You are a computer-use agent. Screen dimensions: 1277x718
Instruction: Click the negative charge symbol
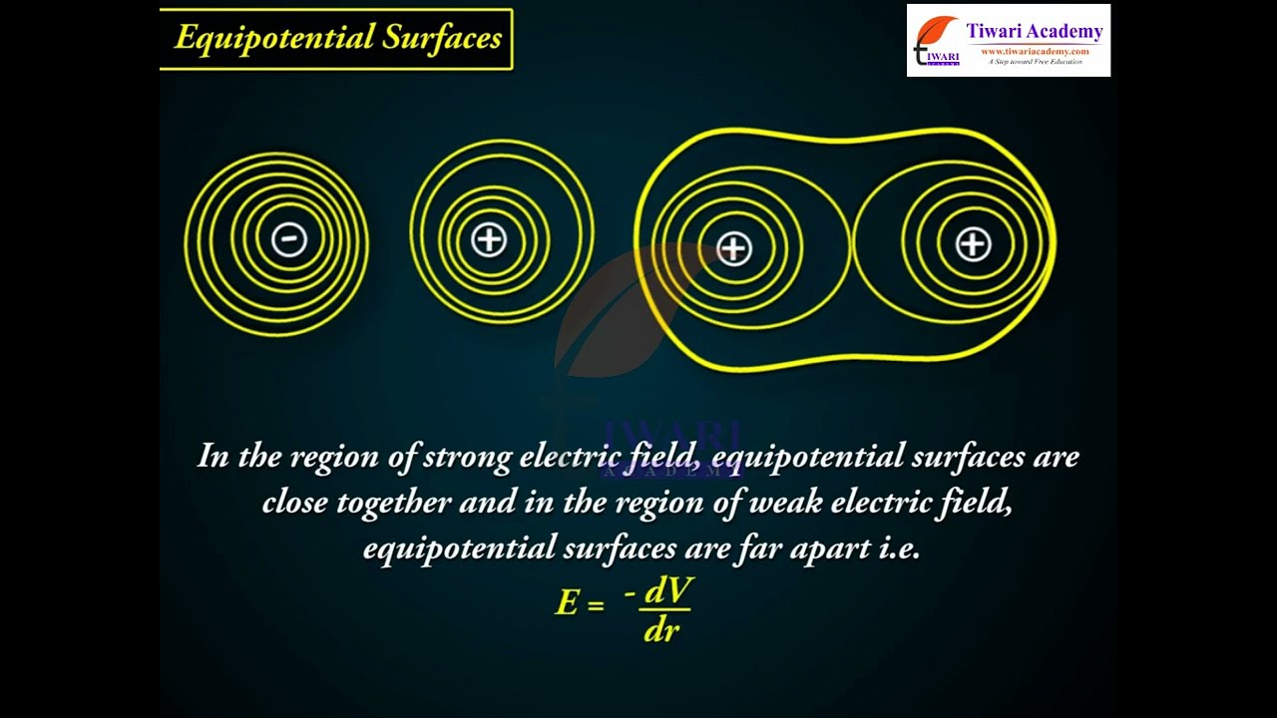coord(289,238)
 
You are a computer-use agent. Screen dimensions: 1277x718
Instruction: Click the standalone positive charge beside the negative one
coord(489,238)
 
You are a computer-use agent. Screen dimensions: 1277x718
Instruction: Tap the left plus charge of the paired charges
coord(733,248)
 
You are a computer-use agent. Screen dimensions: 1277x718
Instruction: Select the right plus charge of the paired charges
coord(973,244)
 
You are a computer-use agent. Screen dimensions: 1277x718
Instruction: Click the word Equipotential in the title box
coord(274,39)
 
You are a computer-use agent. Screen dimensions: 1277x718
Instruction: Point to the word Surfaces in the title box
coord(442,37)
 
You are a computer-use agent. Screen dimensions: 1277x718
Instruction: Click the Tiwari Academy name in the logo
coord(1035,31)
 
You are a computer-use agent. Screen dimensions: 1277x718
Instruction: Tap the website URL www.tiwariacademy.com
coord(1035,51)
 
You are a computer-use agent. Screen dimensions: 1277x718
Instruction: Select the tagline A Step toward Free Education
coord(1036,62)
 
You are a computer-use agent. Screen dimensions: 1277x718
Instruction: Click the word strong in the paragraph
coord(467,458)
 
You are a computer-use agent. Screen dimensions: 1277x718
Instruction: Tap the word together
coord(393,504)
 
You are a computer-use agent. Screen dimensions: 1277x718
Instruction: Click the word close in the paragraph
coord(294,502)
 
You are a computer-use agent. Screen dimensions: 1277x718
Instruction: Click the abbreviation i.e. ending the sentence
coord(899,548)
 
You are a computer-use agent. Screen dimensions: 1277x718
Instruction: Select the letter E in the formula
coord(568,602)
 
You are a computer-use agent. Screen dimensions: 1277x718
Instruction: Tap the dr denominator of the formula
coord(661,630)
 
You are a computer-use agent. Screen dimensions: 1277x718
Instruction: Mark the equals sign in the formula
coord(596,605)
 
